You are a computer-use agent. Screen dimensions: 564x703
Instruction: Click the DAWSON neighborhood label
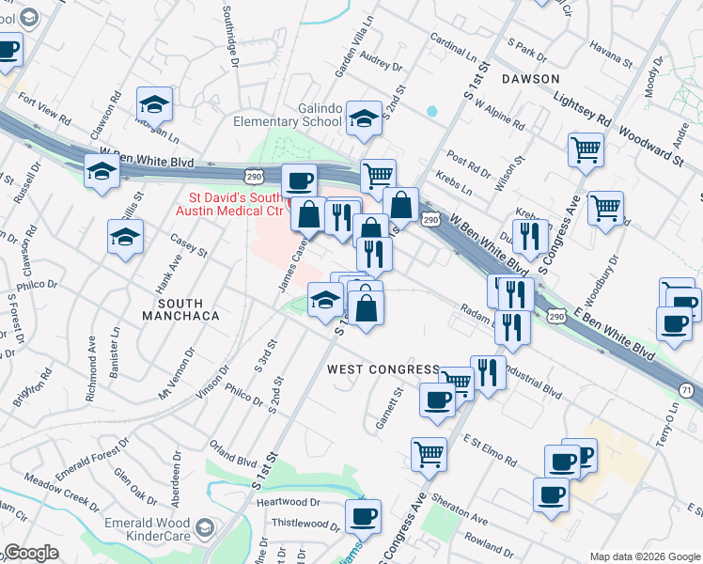coord(531,79)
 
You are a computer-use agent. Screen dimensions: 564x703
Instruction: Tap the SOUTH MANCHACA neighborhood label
coord(188,309)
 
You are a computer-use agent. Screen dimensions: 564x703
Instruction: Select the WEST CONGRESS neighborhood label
coord(383,369)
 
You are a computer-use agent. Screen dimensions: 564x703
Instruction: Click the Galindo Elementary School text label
coord(293,115)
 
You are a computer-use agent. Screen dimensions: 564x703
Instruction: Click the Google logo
coord(30,554)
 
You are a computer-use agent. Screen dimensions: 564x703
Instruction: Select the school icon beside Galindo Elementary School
coord(362,117)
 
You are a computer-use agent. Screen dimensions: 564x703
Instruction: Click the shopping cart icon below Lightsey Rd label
coord(586,149)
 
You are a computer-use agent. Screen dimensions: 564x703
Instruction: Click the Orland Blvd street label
coord(233,462)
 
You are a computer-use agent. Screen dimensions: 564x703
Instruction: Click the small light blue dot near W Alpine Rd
coord(431,111)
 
